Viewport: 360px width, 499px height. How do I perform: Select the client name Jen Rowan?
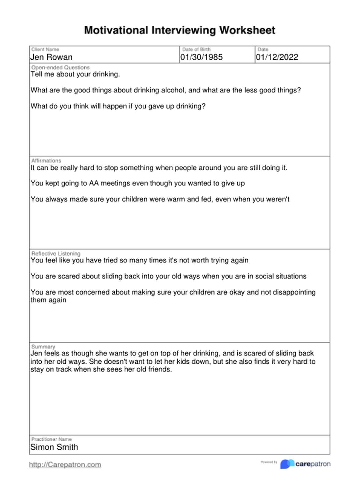[x=51, y=57]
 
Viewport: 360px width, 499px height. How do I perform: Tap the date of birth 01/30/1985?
[x=201, y=57]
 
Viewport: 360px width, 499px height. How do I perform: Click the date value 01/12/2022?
[x=277, y=57]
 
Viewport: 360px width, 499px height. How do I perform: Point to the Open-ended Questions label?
[x=60, y=67]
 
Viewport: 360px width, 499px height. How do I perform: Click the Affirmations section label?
[x=46, y=160]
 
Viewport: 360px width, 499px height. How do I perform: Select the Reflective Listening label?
[x=56, y=253]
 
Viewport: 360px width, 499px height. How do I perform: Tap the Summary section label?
[x=43, y=347]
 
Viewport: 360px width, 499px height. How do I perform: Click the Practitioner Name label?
[x=51, y=439]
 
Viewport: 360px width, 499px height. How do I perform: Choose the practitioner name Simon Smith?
[x=54, y=447]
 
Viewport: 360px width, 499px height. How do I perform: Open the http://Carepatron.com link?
[x=65, y=465]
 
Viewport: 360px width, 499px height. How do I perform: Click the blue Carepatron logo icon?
[x=287, y=464]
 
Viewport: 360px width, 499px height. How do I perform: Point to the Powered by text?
[x=269, y=462]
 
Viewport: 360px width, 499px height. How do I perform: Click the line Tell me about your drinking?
[x=75, y=74]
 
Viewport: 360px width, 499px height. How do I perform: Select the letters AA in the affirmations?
[x=94, y=183]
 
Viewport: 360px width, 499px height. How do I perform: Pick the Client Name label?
[x=45, y=49]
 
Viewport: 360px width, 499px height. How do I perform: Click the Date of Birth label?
[x=196, y=49]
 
